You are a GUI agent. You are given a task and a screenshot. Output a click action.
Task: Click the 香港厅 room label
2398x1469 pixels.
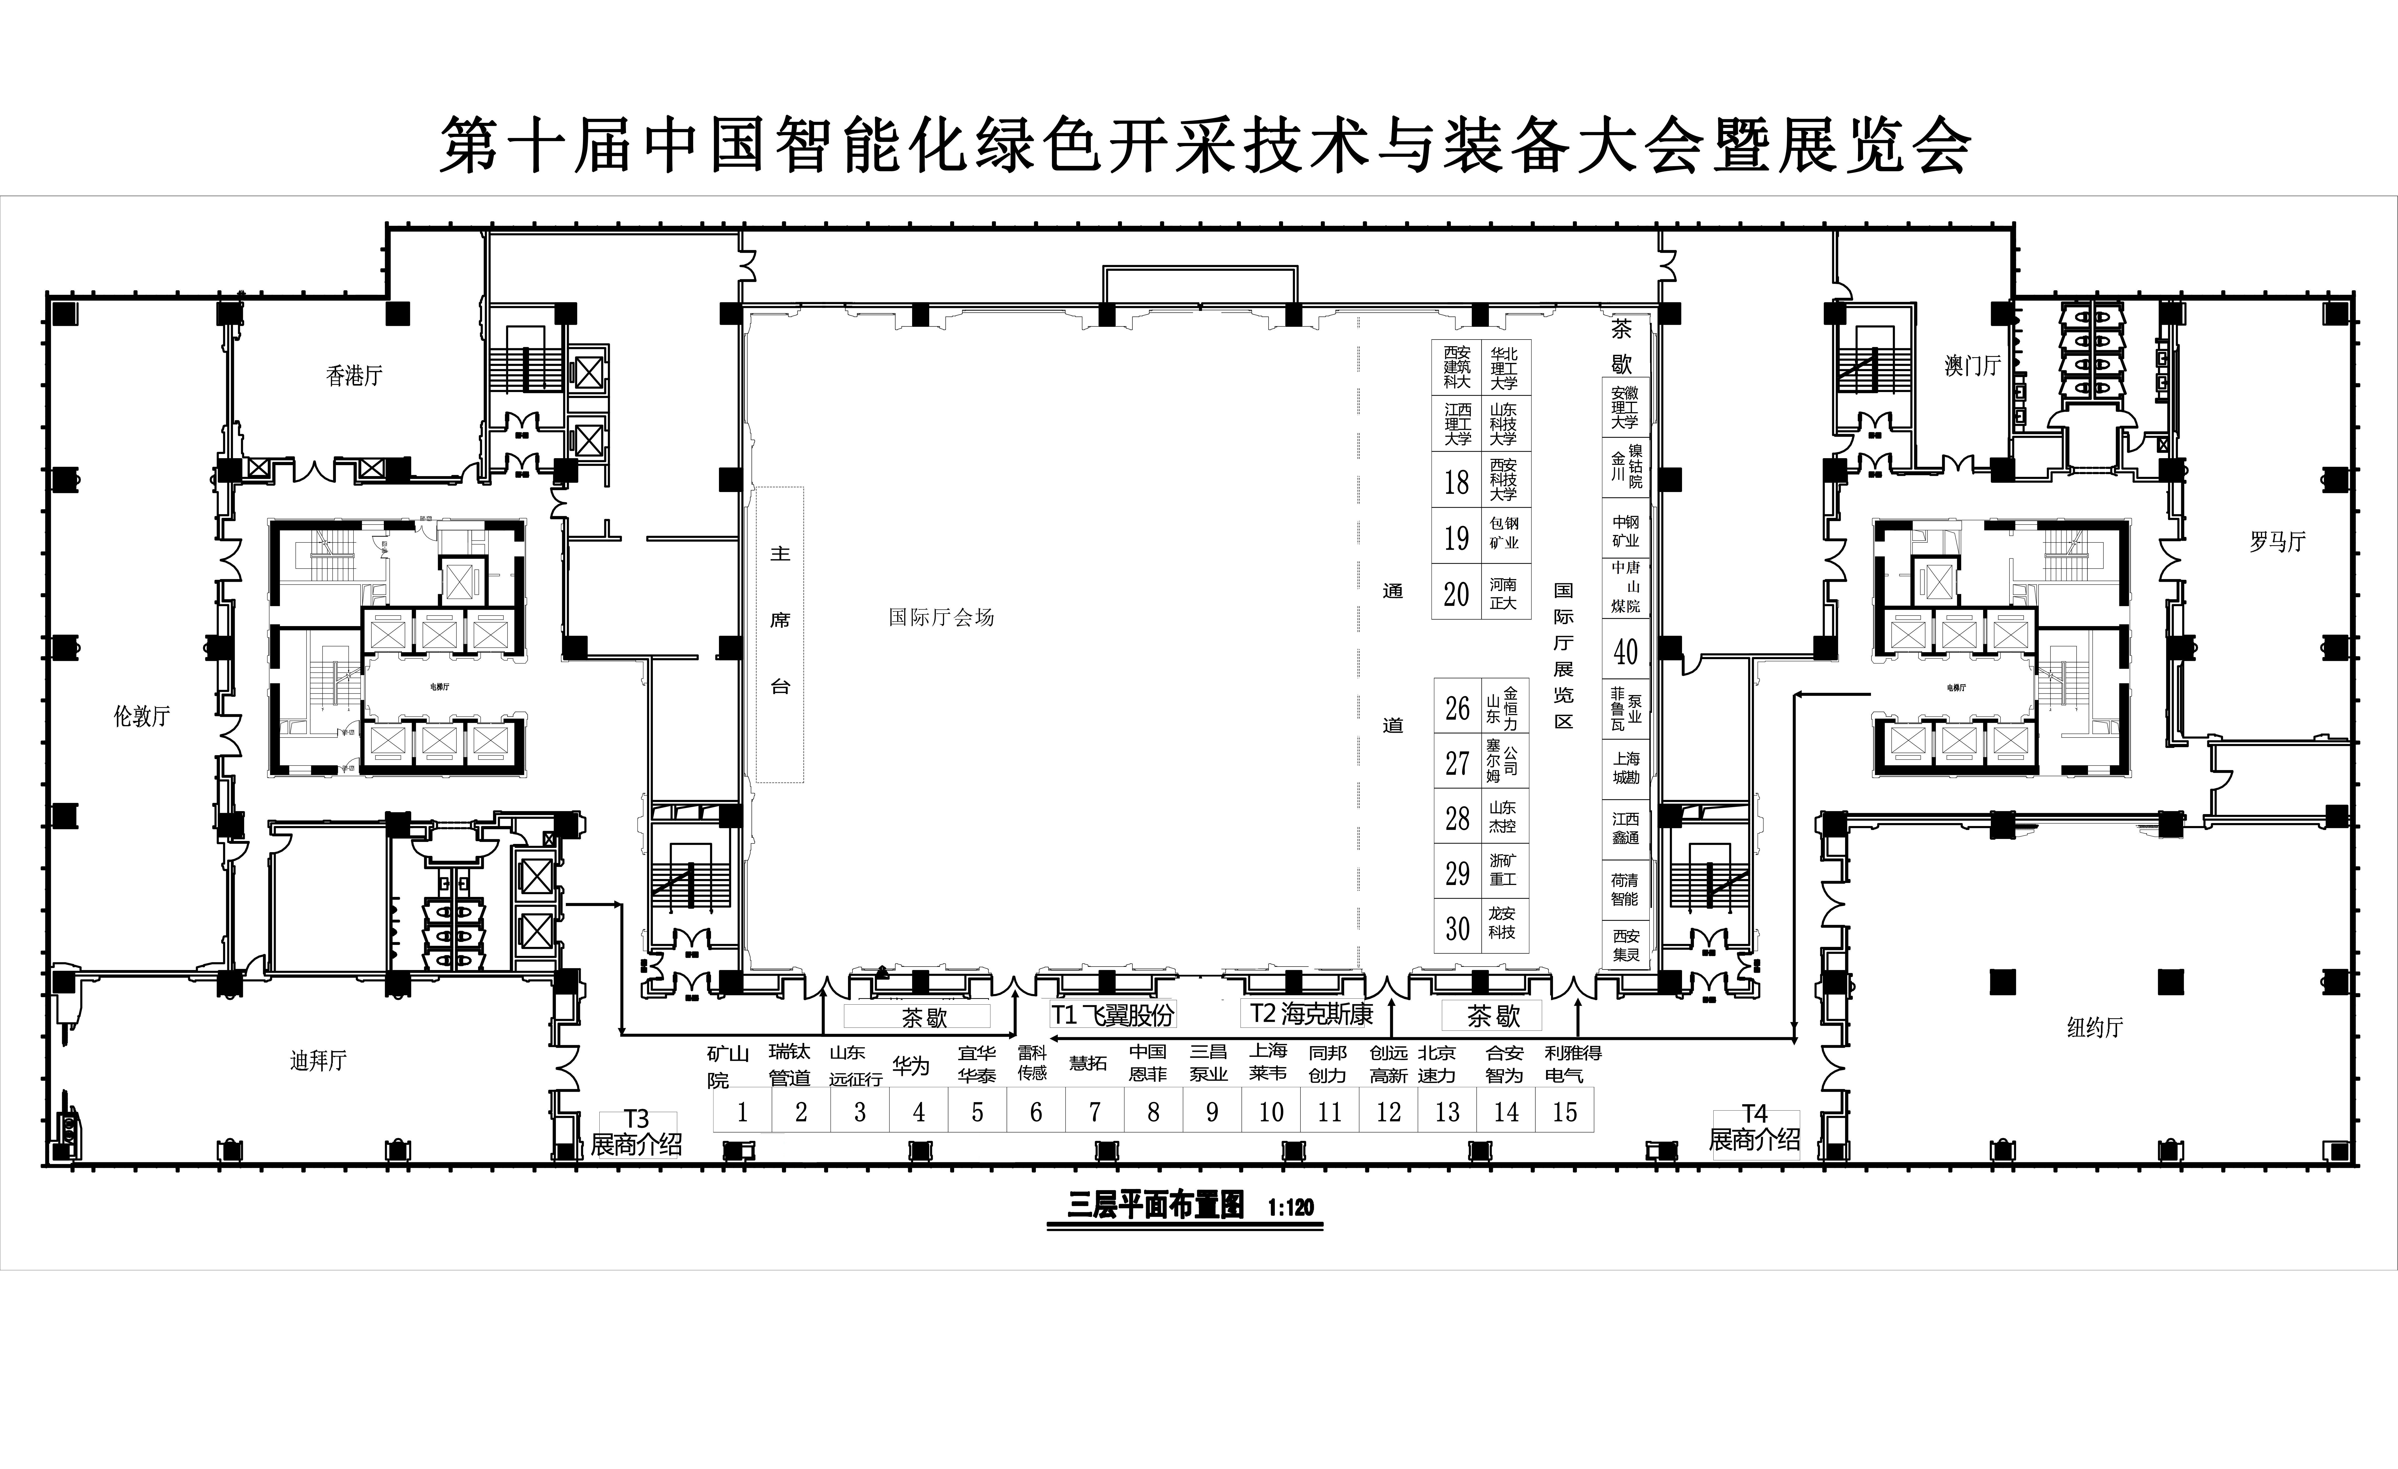pyautogui.click(x=354, y=376)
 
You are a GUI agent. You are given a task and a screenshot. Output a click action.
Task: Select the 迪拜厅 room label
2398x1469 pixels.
pyautogui.click(x=318, y=1060)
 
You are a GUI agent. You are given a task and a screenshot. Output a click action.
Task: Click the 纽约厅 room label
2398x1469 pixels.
pyautogui.click(x=2094, y=1027)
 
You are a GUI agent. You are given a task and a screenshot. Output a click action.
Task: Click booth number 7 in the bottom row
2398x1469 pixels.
pyautogui.click(x=1095, y=1112)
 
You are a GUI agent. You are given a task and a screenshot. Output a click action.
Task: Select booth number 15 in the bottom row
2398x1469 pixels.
pyautogui.click(x=1564, y=1112)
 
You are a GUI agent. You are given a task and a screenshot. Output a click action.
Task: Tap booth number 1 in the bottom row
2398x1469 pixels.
pyautogui.click(x=743, y=1112)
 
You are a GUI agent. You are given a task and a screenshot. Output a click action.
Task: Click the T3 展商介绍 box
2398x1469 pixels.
pyautogui.click(x=636, y=1133)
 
